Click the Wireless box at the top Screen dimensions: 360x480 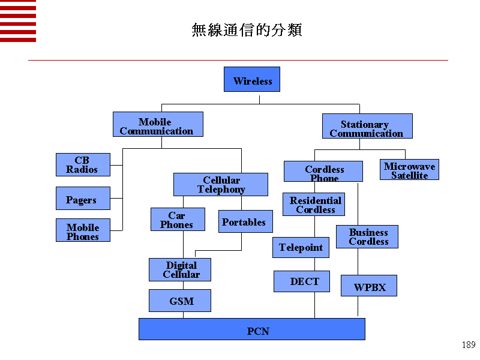click(252, 79)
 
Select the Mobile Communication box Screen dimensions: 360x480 click(158, 124)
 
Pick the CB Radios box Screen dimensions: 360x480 click(83, 164)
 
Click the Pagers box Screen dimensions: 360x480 click(83, 199)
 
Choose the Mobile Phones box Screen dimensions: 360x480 click(83, 230)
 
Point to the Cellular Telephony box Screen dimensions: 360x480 click(221, 184)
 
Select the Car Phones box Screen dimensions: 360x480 click(178, 220)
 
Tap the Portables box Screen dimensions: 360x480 click(245, 222)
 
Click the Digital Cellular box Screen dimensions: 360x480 click(180, 269)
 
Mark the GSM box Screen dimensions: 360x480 click(180, 301)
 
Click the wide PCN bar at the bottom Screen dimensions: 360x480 click(252, 329)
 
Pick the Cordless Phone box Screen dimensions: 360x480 click(323, 171)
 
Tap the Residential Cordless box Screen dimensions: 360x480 click(314, 204)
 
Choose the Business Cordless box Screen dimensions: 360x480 click(367, 236)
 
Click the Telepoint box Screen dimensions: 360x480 click(301, 247)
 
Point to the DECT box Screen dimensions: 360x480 click(302, 281)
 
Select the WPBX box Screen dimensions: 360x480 click(368, 286)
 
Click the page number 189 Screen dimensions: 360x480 click(469, 345)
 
